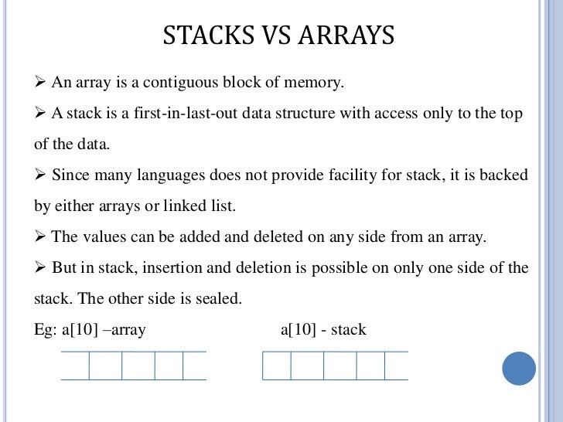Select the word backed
503,175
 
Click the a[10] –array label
104,330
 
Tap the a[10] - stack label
323,330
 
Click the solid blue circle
519,369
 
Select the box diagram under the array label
134,366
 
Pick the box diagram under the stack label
335,366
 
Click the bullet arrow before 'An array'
42,82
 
